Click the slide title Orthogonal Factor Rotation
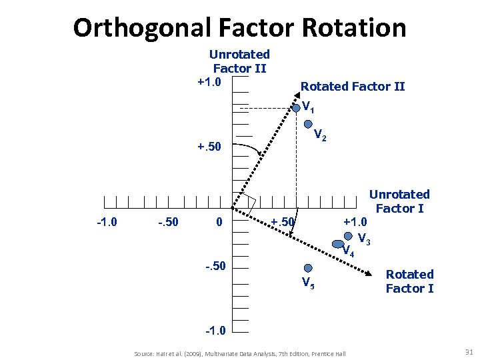coord(239,27)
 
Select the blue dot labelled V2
coord(307,124)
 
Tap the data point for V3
coord(349,235)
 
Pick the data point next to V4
coord(338,245)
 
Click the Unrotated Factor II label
coord(239,61)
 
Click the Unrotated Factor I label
coord(399,201)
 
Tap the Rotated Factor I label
coord(409,281)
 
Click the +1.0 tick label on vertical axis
coord(213,81)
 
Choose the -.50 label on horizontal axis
coord(167,221)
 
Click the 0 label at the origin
coord(219,221)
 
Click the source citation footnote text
coord(240,353)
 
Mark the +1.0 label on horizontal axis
coord(355,221)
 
